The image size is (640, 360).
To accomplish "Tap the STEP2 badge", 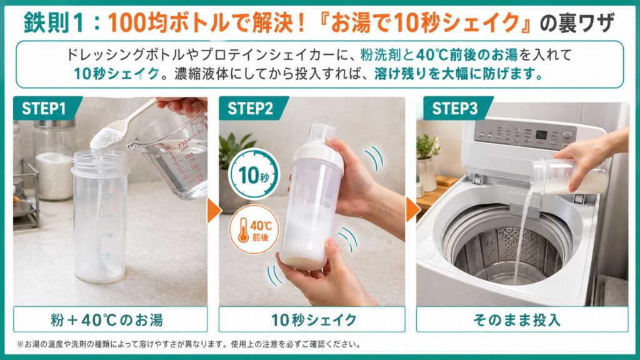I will (x=250, y=108).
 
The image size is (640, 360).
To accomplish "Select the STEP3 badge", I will (x=455, y=108).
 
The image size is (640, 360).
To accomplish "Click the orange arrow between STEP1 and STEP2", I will (x=213, y=210).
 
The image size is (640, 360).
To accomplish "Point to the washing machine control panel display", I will (x=541, y=134).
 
